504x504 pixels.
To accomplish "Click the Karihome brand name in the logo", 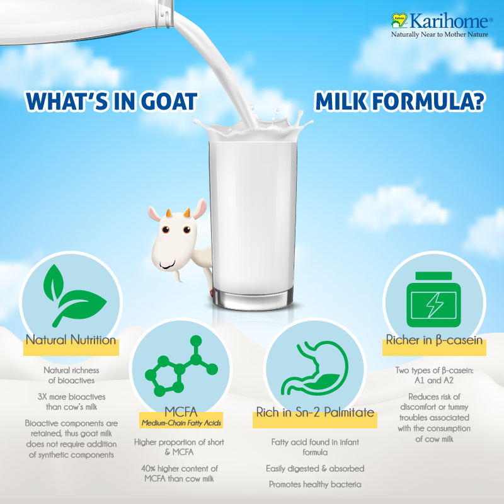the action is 449,21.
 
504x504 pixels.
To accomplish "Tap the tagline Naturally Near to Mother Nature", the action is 439,35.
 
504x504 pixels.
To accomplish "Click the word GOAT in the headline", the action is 169,101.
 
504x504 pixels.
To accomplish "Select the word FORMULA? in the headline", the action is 428,101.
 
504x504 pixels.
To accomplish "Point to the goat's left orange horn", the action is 168,213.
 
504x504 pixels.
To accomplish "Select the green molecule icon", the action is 181,367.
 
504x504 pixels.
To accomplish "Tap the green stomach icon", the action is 315,368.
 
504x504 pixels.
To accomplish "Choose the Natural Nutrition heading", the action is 71,340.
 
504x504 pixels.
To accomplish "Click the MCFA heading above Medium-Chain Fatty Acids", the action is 181,412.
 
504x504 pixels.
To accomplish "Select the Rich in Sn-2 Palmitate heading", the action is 315,412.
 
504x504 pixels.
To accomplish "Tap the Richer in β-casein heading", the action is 434,340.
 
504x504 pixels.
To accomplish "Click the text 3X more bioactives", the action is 71,397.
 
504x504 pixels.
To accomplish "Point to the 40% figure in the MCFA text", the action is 148,468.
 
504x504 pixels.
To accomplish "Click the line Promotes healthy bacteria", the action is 315,484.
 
